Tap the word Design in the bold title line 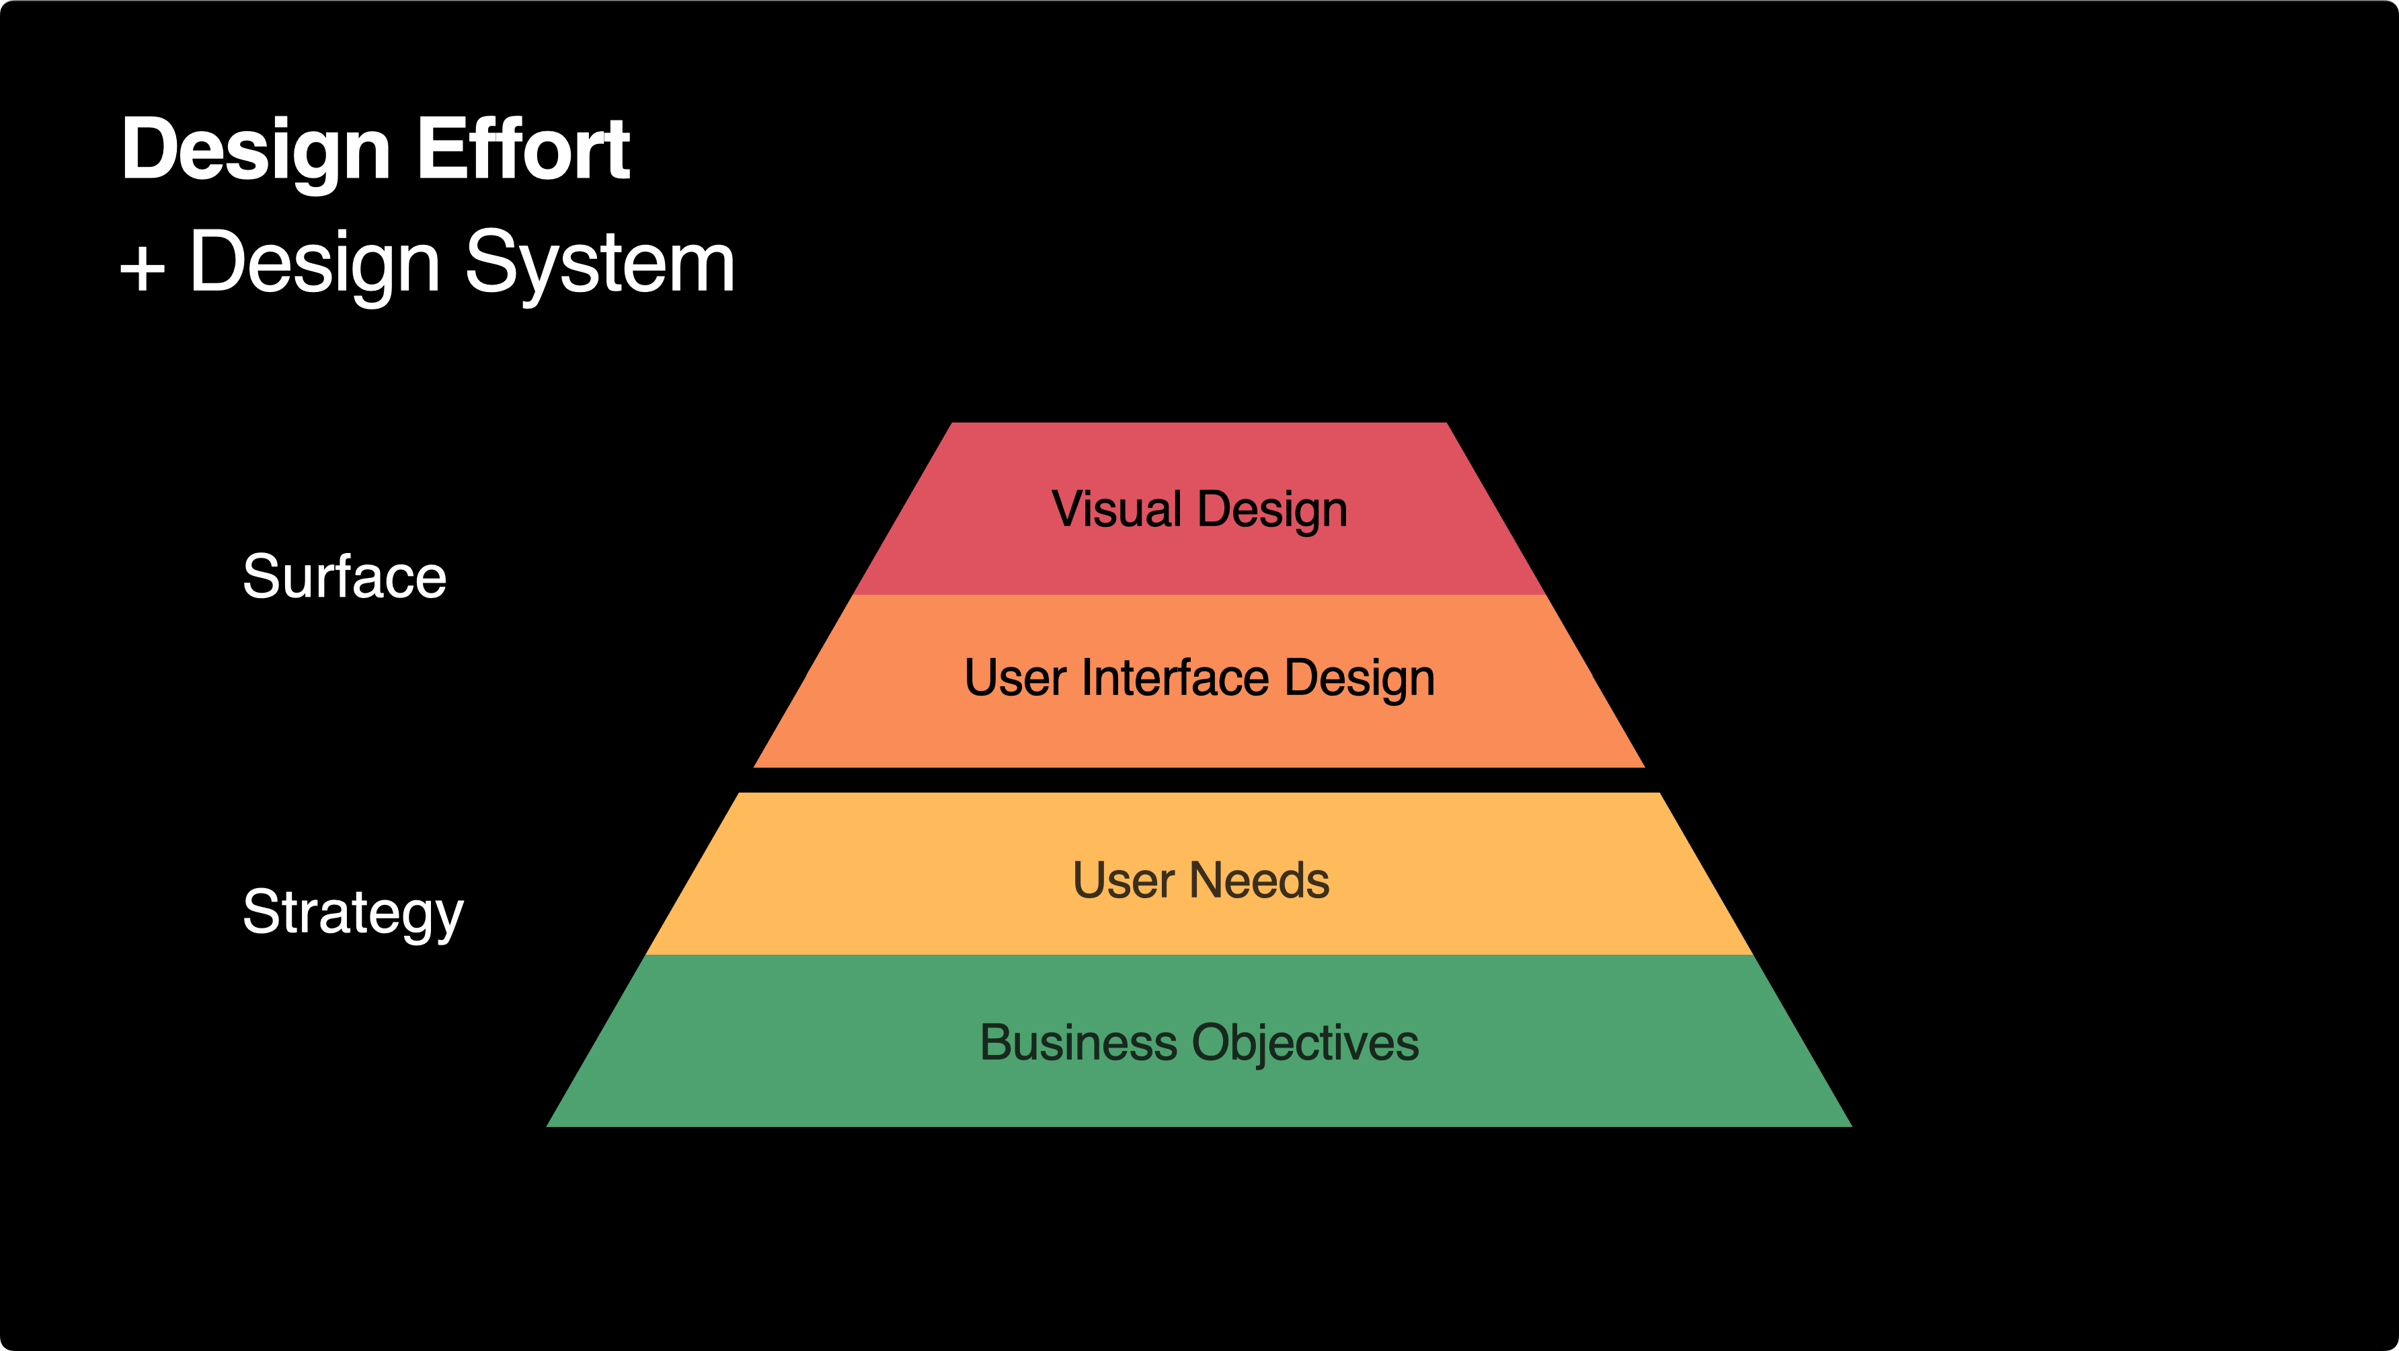click(x=256, y=151)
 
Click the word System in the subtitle click(x=600, y=264)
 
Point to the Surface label click(x=344, y=576)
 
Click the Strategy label click(x=353, y=913)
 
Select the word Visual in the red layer click(x=1117, y=510)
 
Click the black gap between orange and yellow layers click(x=1199, y=780)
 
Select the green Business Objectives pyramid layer click(x=1199, y=1090)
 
